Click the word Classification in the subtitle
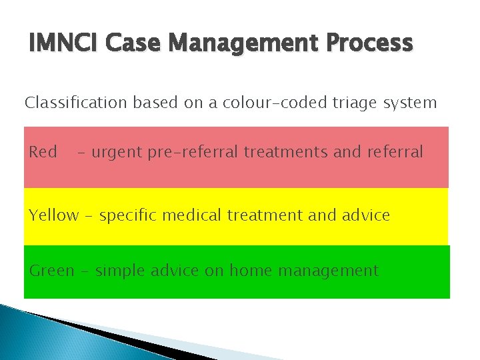tap(75, 103)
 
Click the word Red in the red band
tap(43, 152)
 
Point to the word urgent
tap(116, 152)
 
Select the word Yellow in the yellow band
tap(53, 215)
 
